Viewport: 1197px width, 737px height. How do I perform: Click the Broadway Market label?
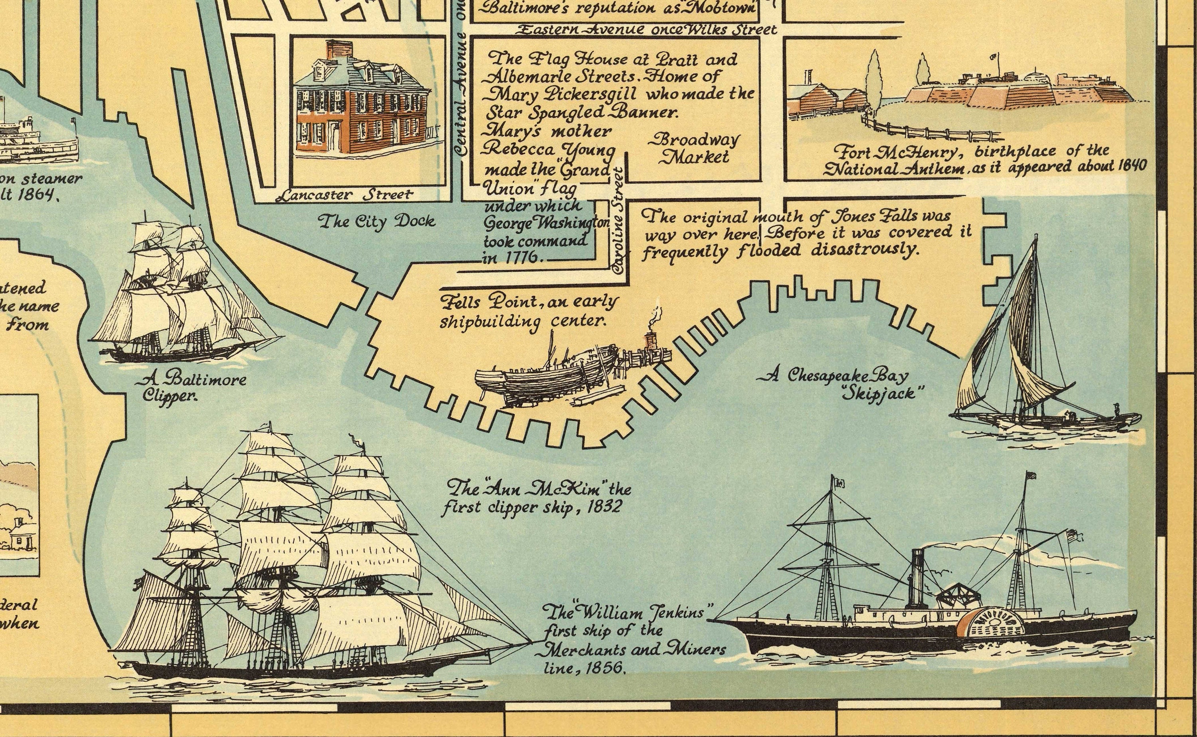coord(693,149)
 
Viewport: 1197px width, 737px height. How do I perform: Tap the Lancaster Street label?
coord(345,195)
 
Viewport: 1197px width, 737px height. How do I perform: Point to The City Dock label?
coord(376,221)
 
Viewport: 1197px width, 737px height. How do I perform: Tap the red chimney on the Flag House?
coord(338,50)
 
